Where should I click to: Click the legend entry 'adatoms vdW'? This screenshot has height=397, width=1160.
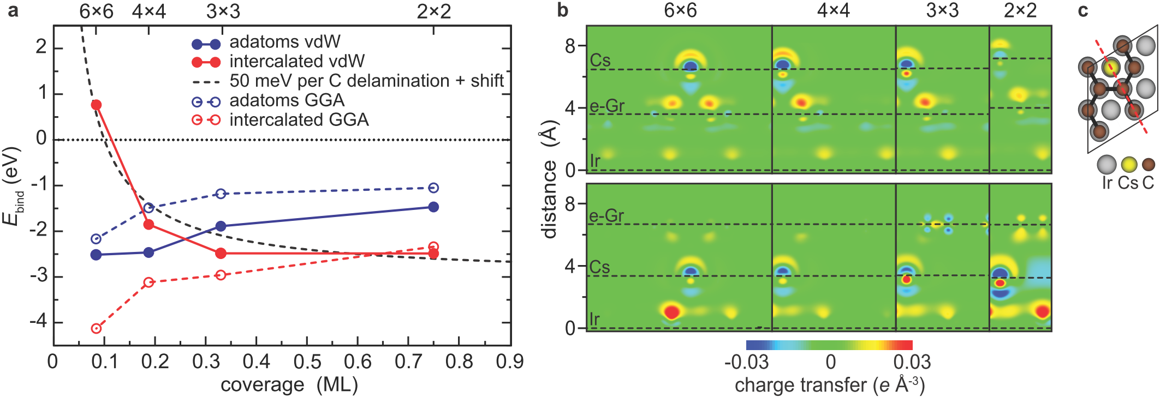[284, 42]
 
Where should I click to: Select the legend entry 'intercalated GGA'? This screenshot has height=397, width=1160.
[299, 120]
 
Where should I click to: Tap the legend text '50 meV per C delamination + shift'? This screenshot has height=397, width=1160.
[366, 81]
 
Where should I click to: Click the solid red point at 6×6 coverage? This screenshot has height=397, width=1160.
[96, 105]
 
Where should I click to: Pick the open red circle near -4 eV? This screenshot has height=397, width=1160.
[96, 328]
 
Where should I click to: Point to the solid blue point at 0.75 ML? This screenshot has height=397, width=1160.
[433, 207]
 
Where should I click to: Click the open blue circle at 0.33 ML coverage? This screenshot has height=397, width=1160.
[221, 194]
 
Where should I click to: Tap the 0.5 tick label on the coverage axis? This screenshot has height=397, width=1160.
[307, 362]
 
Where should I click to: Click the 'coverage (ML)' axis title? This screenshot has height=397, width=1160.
[289, 385]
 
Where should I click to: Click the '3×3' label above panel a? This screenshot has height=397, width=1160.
[223, 11]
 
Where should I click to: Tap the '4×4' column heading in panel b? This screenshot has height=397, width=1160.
[833, 11]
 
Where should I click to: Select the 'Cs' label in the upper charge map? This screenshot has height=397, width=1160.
[600, 60]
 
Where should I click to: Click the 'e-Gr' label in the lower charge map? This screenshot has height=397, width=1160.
[606, 216]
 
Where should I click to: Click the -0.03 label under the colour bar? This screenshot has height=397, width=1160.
[746, 362]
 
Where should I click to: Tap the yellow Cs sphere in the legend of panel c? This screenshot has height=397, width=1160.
[1128, 164]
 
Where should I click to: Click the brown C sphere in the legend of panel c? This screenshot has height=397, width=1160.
[1149, 164]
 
